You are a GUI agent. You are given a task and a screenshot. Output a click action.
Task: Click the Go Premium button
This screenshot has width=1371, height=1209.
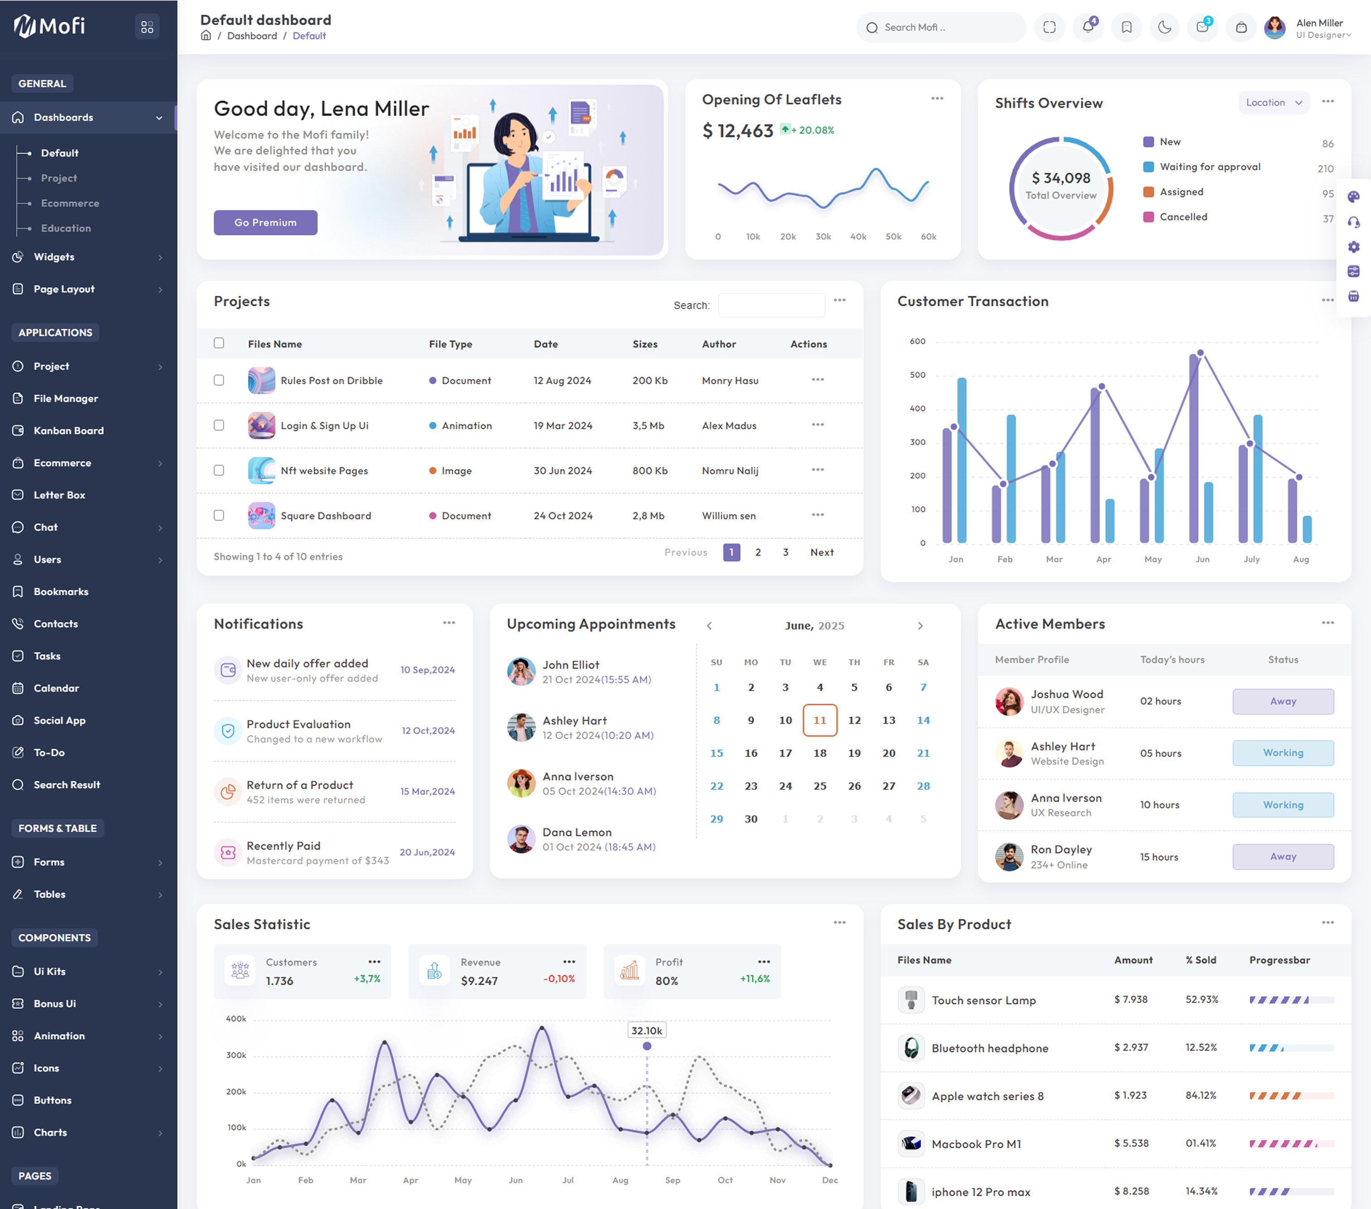266,222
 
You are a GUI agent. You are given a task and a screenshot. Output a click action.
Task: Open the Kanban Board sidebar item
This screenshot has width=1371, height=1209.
68,430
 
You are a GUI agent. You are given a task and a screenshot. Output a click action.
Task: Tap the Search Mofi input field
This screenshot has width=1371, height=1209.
941,28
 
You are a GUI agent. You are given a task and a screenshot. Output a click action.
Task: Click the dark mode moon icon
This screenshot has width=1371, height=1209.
1164,28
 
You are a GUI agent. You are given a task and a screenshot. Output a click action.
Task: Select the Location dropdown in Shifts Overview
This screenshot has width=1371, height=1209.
1273,102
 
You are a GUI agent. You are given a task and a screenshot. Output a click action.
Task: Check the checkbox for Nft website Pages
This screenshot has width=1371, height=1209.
218,470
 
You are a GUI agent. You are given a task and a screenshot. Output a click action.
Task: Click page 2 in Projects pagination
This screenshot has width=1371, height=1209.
758,552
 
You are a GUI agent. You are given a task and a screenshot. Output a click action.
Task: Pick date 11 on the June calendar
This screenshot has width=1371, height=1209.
819,720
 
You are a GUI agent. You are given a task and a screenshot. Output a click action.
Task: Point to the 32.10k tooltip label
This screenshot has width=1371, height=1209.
647,1030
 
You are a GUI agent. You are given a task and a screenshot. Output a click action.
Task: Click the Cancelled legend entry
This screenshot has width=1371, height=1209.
1175,217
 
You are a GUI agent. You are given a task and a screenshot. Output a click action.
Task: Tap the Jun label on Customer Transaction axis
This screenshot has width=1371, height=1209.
1202,559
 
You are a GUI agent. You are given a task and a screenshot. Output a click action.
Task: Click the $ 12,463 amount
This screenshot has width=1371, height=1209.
738,131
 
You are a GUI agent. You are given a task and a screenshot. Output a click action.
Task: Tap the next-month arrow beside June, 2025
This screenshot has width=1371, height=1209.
920,626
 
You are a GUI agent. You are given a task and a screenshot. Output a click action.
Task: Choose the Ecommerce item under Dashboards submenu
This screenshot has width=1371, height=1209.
70,203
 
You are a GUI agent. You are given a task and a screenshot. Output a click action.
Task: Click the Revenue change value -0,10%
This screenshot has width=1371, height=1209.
559,979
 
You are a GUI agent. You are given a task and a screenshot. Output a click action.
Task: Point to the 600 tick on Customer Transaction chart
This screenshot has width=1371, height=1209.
918,341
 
